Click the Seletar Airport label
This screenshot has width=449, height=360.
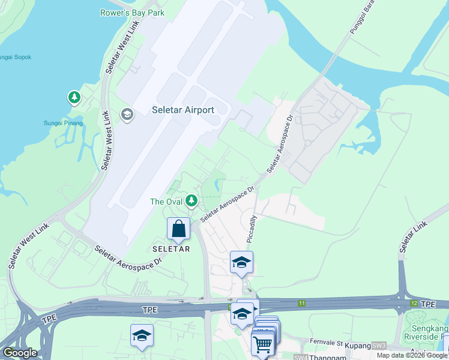click(183, 110)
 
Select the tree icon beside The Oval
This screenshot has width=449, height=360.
click(191, 200)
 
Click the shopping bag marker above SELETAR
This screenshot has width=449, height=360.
click(178, 229)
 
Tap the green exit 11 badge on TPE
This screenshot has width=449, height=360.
click(301, 304)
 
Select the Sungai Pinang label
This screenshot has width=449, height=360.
click(63, 123)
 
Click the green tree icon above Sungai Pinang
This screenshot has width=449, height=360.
click(74, 97)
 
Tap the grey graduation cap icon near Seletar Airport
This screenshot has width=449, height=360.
click(127, 114)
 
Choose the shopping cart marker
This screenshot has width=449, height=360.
click(263, 344)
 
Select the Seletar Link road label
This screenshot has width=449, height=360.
click(414, 236)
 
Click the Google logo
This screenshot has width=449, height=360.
click(20, 353)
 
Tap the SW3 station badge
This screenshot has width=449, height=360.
click(379, 346)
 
